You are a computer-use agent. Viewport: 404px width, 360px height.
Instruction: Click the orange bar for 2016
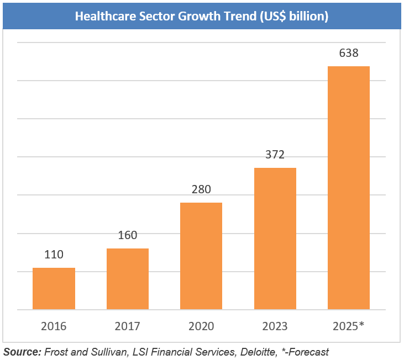pyautogui.click(x=54, y=288)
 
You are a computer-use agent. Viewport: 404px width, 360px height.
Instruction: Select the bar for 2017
pyautogui.click(x=128, y=279)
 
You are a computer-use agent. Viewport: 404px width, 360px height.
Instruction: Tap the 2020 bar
pyautogui.click(x=201, y=256)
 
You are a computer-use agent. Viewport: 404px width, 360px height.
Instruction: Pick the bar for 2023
pyautogui.click(x=275, y=239)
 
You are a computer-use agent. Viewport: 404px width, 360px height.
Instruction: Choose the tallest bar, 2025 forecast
pyautogui.click(x=349, y=188)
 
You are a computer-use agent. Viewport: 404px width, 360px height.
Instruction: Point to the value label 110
pyautogui.click(x=54, y=255)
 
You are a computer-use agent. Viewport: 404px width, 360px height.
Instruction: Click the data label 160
pyautogui.click(x=128, y=235)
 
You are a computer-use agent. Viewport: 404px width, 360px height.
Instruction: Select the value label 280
pyautogui.click(x=201, y=189)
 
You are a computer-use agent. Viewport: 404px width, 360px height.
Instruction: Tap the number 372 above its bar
pyautogui.click(x=275, y=155)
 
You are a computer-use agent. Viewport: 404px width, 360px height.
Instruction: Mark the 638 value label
pyautogui.click(x=349, y=54)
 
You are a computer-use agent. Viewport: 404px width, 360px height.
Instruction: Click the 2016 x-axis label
pyautogui.click(x=54, y=326)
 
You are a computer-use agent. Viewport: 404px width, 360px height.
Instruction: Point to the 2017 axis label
pyautogui.click(x=128, y=326)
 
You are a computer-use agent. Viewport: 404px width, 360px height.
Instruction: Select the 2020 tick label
pyautogui.click(x=201, y=326)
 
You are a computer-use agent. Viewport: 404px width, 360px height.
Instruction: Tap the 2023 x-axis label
pyautogui.click(x=275, y=326)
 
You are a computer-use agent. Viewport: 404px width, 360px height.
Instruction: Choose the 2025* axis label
pyautogui.click(x=348, y=326)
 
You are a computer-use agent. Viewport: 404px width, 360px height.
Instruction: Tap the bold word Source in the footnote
pyautogui.click(x=22, y=351)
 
